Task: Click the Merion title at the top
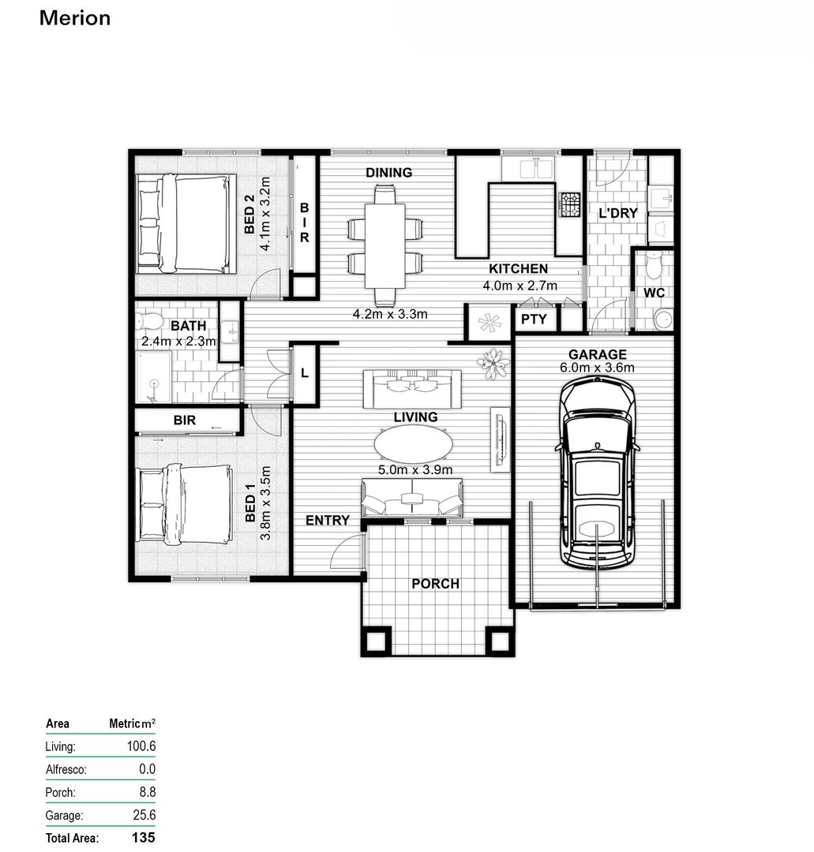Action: [75, 18]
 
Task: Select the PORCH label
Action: [435, 584]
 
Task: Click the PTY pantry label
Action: [535, 319]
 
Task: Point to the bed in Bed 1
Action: [186, 504]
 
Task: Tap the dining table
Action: [384, 245]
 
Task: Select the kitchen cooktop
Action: [569, 205]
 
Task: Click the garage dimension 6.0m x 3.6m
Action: [597, 367]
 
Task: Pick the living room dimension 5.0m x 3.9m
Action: [415, 470]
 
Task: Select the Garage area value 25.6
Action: [141, 815]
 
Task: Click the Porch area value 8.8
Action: [146, 792]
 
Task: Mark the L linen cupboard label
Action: [304, 373]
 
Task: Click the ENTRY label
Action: [327, 520]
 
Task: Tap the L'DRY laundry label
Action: [617, 214]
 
